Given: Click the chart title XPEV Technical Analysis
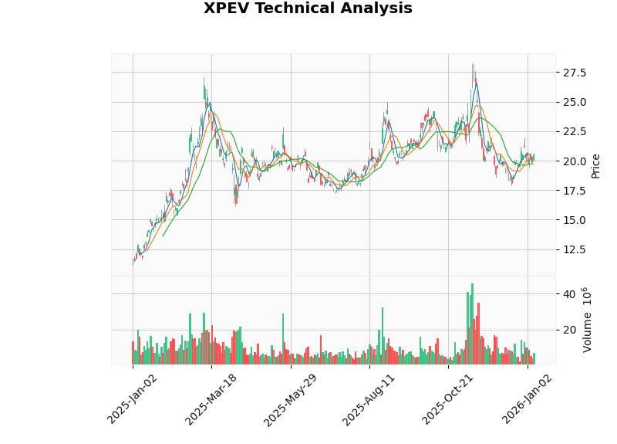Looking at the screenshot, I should pos(308,8).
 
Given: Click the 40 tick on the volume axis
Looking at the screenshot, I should pos(569,294).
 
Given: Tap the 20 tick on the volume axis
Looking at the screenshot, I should pos(569,330).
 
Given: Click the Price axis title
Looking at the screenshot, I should pos(595,165).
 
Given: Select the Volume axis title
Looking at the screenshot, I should pos(588,320).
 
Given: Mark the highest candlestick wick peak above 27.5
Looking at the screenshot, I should pos(472,64).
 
